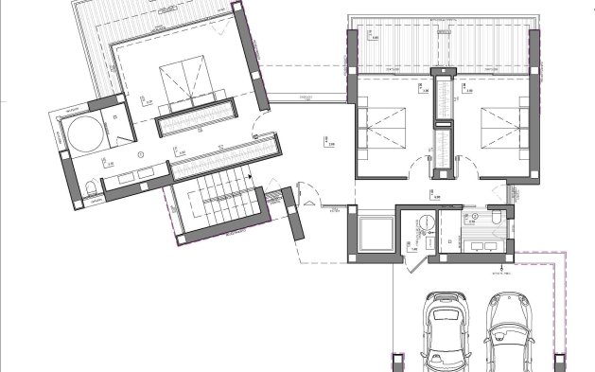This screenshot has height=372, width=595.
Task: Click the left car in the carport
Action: (442, 331)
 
